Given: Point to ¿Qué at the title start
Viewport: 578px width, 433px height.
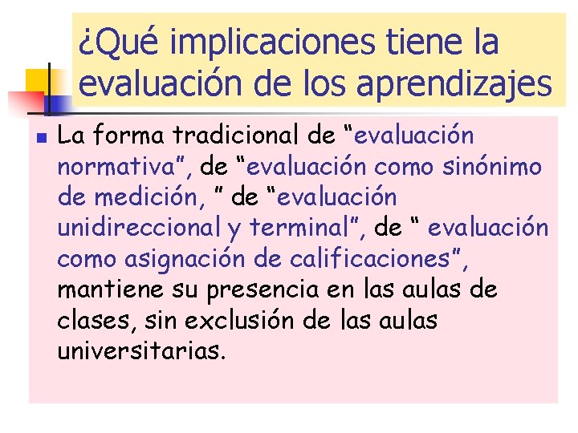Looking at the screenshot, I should tap(117, 42).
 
